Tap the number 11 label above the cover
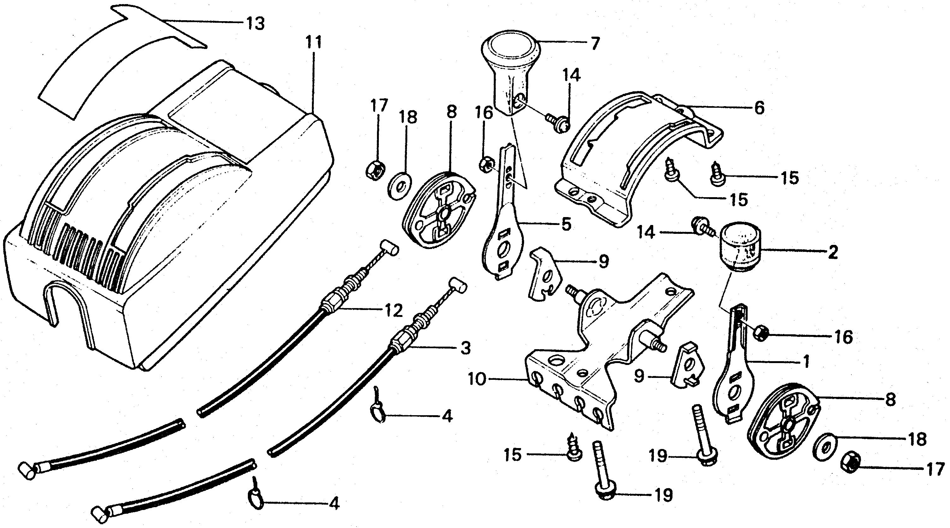(x=314, y=42)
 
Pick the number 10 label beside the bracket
(x=478, y=379)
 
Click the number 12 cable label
(x=393, y=311)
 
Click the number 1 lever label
(x=806, y=361)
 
